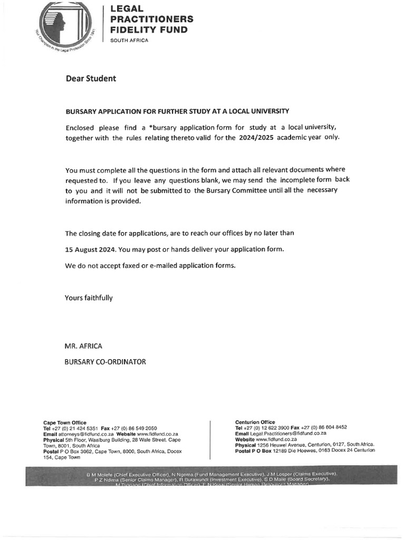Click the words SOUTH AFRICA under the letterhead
click(x=129, y=41)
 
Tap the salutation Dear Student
click(x=90, y=79)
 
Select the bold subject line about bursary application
click(x=177, y=111)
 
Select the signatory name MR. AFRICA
click(x=83, y=346)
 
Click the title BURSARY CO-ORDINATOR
click(x=105, y=362)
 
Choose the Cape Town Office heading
click(x=64, y=422)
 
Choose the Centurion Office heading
click(x=255, y=422)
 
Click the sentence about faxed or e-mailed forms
click(x=150, y=266)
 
